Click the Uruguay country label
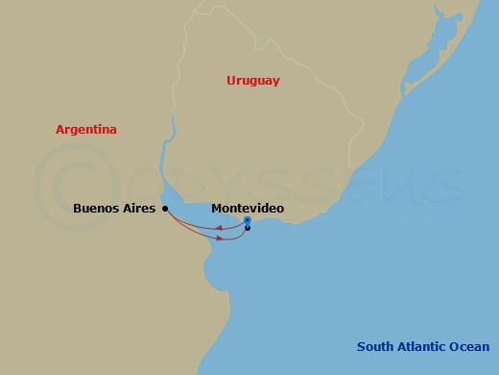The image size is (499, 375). coord(253,81)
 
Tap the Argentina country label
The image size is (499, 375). coord(86,129)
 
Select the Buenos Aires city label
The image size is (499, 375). coord(114,208)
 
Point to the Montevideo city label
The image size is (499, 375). coord(248,208)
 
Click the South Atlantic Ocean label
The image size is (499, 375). coord(422,347)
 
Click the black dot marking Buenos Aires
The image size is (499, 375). coord(165,208)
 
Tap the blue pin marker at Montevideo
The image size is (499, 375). coord(248,220)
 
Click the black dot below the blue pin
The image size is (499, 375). coord(248,228)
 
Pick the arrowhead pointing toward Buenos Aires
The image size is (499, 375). coord(220,229)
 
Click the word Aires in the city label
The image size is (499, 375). coord(138,208)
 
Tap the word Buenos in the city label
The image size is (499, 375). coord(96,208)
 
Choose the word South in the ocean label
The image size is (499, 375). coord(374,347)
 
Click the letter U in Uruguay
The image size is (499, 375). coord(231,81)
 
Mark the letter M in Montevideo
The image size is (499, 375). coord(216,208)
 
